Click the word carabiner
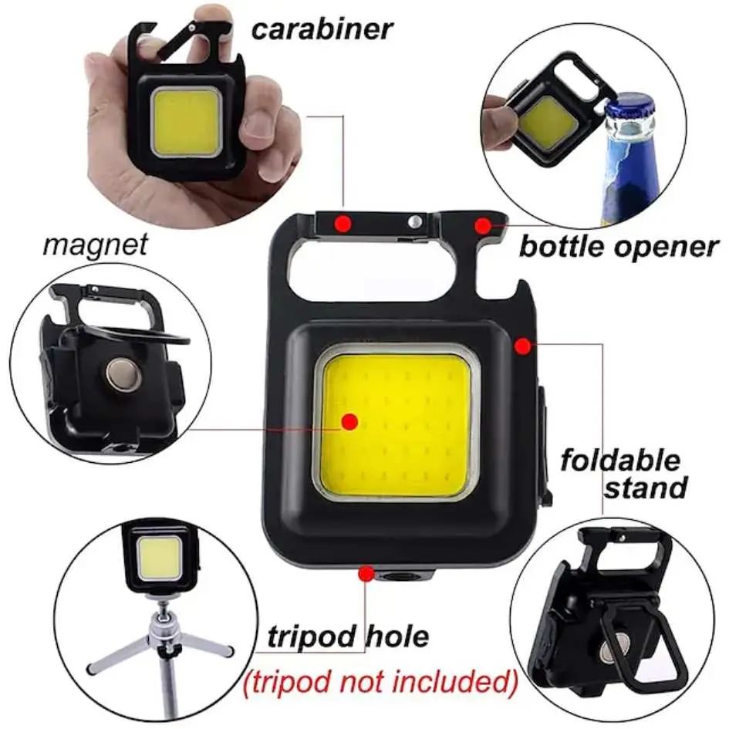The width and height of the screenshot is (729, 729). [x=321, y=29]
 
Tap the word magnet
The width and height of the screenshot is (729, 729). [x=95, y=245]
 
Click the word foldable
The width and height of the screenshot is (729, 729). [x=620, y=461]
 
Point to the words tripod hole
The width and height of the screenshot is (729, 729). [x=348, y=637]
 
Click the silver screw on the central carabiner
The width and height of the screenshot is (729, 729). [x=415, y=222]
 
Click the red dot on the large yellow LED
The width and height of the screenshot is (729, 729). [x=349, y=421]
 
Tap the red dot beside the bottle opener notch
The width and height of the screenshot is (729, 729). [x=483, y=225]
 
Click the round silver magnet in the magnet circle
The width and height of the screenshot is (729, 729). [x=121, y=376]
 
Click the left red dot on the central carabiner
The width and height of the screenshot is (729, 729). [x=343, y=223]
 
